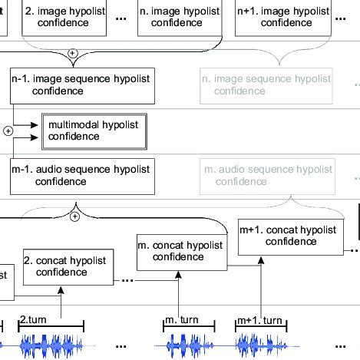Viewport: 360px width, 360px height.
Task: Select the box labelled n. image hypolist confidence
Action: click(180, 18)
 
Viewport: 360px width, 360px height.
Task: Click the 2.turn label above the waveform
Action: click(34, 319)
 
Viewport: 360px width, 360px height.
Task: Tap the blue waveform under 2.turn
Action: click(50, 345)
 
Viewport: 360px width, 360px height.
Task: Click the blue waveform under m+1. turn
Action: click(261, 345)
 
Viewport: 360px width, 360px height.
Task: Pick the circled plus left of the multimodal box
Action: click(8, 130)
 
